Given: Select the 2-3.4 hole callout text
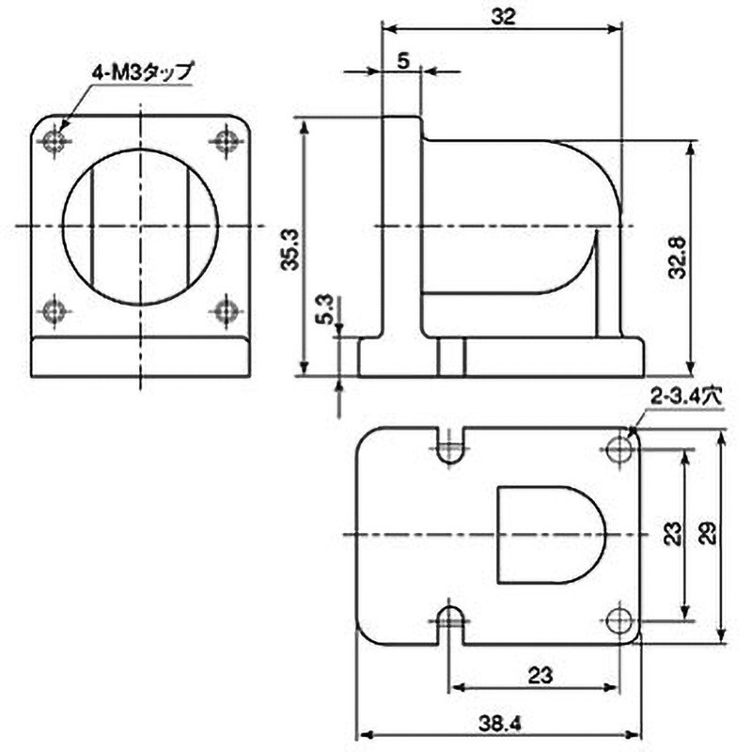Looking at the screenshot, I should [x=683, y=398].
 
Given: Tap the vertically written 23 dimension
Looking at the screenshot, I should [x=671, y=534].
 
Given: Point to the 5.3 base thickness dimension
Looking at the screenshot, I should [x=324, y=311].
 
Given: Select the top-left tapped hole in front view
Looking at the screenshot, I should [x=55, y=142].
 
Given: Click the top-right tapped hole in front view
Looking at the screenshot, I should [x=226, y=142].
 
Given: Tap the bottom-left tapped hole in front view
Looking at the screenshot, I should [x=55, y=309].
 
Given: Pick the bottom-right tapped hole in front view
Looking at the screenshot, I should [x=226, y=309].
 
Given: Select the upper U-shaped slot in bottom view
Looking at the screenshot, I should [x=452, y=447].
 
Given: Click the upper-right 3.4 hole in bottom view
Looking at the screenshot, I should [x=619, y=449].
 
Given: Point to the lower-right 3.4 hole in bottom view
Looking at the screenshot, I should [x=619, y=620].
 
